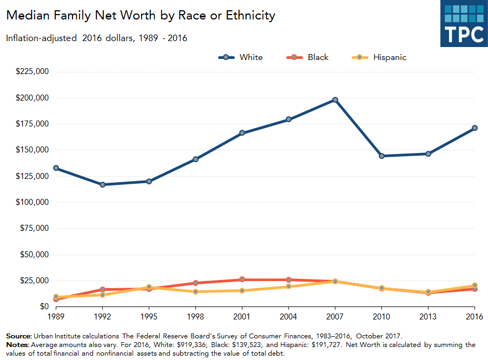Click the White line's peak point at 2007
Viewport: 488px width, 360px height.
(x=335, y=100)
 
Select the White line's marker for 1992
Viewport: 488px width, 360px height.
(x=102, y=185)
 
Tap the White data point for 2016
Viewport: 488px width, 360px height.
(x=474, y=128)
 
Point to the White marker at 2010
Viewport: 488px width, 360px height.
(x=381, y=156)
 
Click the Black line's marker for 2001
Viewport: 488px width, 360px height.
(x=242, y=279)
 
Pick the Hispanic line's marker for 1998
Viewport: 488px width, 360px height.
(x=195, y=292)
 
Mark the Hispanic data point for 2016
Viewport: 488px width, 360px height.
(x=474, y=285)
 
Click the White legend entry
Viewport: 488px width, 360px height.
(x=241, y=57)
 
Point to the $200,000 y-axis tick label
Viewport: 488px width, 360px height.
(x=32, y=98)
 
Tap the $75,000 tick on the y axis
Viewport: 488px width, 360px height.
(x=35, y=228)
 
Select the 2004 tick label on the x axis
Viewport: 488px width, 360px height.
(x=288, y=317)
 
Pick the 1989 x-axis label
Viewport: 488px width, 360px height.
(x=56, y=317)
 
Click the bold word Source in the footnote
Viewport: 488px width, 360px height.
(x=18, y=336)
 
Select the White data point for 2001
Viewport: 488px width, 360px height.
(x=242, y=133)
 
